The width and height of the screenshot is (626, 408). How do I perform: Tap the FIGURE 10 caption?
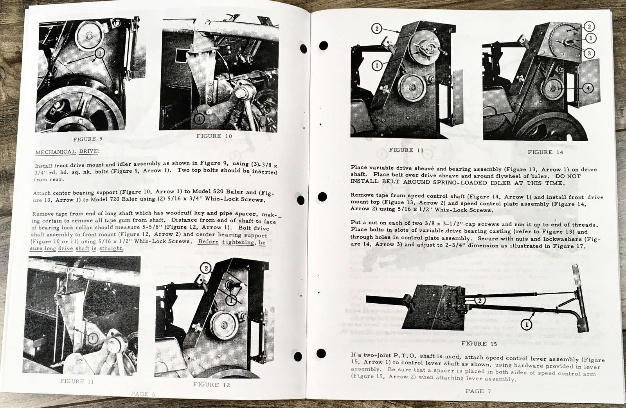[x=214, y=136]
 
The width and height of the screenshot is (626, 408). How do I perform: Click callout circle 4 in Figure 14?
[x=588, y=88]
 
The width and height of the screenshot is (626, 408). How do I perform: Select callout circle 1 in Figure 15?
[x=526, y=324]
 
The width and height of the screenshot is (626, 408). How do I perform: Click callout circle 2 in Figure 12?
[x=205, y=268]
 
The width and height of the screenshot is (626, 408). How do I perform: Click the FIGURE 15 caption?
[x=479, y=344]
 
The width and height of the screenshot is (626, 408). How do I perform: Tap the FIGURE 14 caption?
[x=545, y=152]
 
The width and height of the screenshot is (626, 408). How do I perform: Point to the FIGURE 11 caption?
[x=77, y=381]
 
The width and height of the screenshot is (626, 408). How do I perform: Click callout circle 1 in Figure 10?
[x=198, y=117]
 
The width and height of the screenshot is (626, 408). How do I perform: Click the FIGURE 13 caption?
[x=406, y=150]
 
